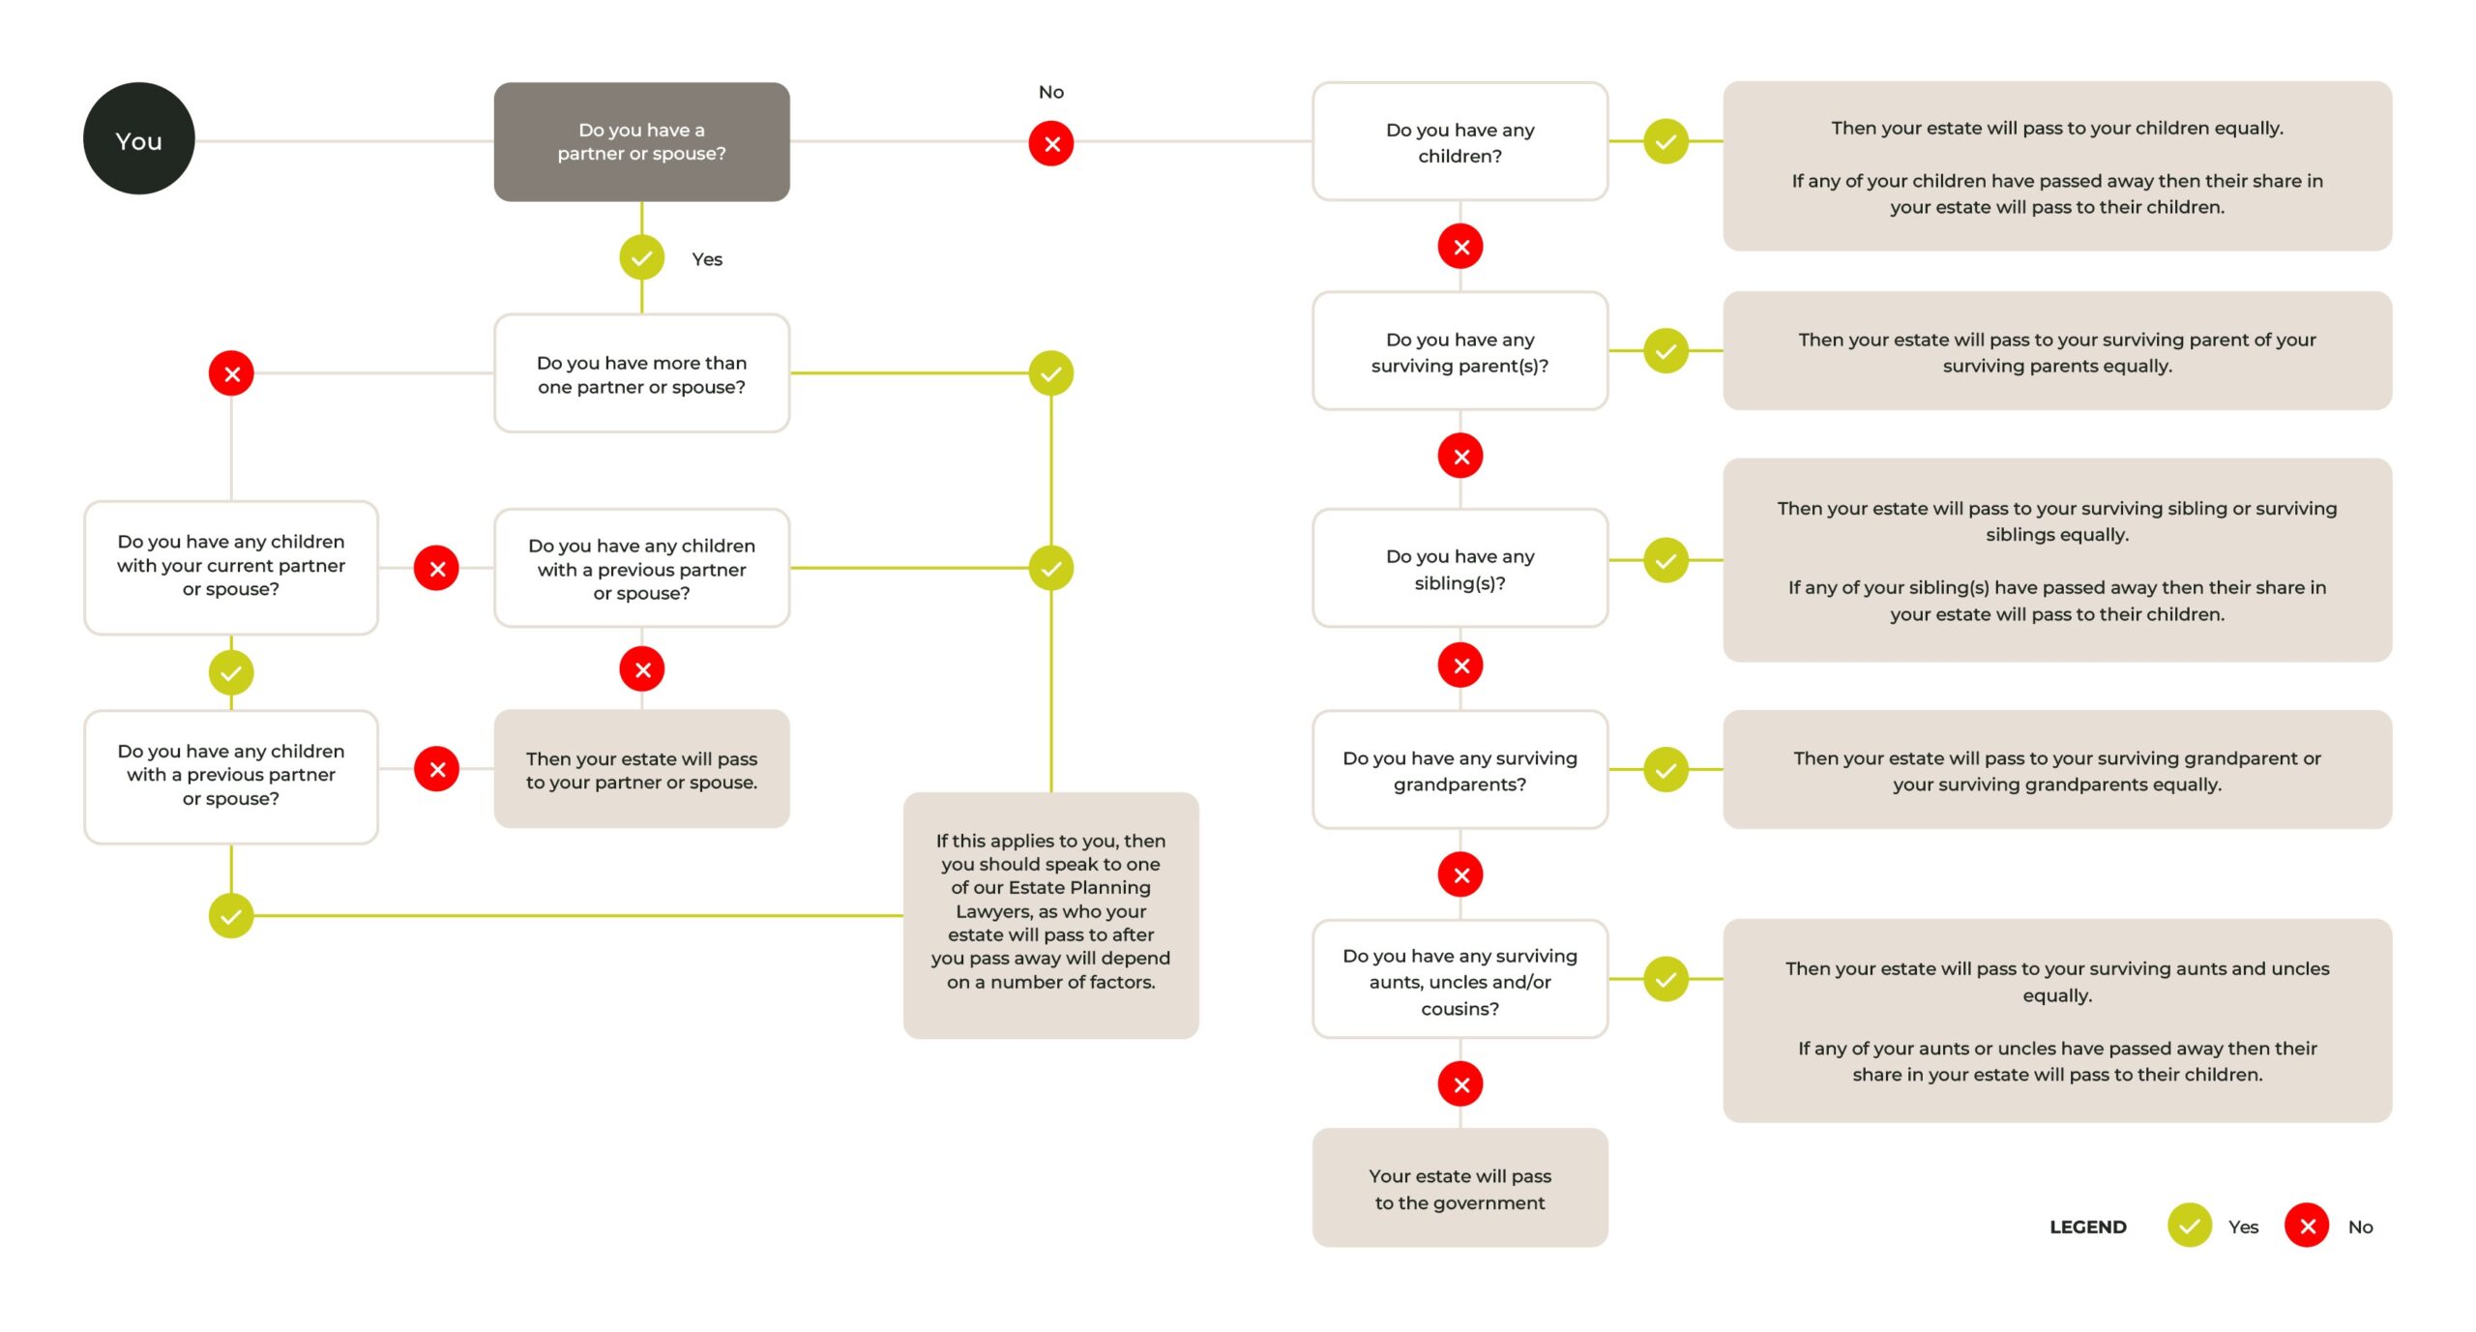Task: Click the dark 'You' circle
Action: [138, 138]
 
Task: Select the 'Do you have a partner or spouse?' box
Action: [641, 141]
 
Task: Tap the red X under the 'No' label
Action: [1051, 143]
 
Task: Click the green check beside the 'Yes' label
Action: [641, 257]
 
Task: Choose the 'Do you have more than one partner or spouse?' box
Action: [641, 373]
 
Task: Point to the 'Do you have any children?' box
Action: [1459, 141]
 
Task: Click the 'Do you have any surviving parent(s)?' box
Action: [1459, 351]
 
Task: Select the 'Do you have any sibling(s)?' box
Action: [1459, 568]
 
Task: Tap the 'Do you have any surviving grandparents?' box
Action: [1459, 770]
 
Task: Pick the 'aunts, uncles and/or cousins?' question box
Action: [1459, 979]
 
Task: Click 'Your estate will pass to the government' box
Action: [1459, 1188]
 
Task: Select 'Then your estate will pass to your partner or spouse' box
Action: [641, 769]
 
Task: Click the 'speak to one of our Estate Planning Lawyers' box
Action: [1050, 915]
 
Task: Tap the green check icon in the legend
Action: [2190, 1226]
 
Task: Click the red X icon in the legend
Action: [2307, 1226]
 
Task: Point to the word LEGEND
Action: [2087, 1227]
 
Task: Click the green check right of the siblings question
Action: [1665, 560]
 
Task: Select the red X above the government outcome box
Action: [1460, 1083]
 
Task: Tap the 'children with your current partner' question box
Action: [231, 568]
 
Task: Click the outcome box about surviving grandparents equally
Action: [2057, 770]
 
